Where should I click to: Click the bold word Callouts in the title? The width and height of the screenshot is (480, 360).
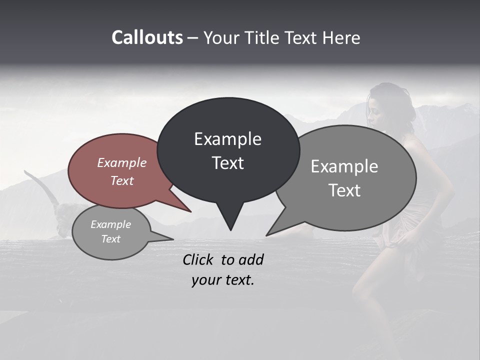pyautogui.click(x=147, y=37)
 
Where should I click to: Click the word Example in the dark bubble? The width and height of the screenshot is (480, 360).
pyautogui.click(x=227, y=139)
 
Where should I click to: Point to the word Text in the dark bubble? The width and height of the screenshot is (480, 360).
pyautogui.click(x=227, y=163)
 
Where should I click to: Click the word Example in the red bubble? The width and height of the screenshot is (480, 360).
pyautogui.click(x=122, y=162)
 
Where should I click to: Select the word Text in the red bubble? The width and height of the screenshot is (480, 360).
pyautogui.click(x=122, y=180)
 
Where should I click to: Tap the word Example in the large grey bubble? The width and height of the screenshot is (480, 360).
pyautogui.click(x=344, y=166)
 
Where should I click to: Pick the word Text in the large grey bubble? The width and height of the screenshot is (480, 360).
pyautogui.click(x=344, y=190)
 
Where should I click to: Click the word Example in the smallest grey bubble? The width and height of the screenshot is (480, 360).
pyautogui.click(x=111, y=224)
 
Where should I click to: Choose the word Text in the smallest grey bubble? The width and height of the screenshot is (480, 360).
pyautogui.click(x=111, y=239)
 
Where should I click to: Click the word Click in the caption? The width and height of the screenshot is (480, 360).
pyautogui.click(x=199, y=259)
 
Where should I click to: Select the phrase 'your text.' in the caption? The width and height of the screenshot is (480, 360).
pyautogui.click(x=223, y=280)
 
